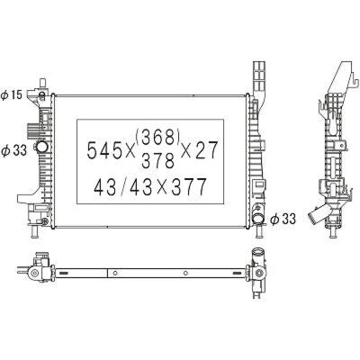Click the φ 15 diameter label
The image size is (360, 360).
[x=12, y=95]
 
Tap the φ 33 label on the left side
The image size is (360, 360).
[x=13, y=149]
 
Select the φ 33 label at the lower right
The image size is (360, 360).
[x=283, y=219]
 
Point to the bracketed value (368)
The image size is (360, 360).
[x=157, y=137]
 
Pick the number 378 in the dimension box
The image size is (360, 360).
[x=157, y=160]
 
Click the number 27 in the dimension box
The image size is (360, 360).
[x=205, y=150]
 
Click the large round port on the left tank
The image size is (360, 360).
[x=41, y=147]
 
